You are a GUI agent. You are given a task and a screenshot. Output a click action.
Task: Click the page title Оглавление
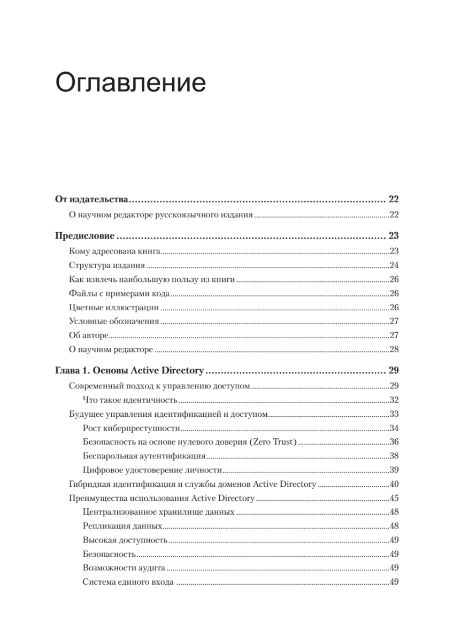(130, 85)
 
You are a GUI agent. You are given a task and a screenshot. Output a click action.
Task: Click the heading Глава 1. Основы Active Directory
(130, 370)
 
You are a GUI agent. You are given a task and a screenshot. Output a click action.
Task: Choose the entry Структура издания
(107, 265)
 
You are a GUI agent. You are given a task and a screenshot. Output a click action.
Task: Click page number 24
(395, 265)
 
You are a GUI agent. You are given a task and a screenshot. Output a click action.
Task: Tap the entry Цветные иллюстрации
(114, 307)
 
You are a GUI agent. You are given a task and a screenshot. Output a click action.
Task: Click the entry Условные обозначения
(114, 322)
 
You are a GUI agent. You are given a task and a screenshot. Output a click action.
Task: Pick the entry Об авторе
(89, 335)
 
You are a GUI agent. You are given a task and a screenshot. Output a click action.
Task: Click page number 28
(395, 349)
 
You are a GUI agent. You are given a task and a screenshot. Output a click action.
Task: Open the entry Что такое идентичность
(130, 400)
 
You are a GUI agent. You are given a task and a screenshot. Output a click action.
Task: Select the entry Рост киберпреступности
(132, 428)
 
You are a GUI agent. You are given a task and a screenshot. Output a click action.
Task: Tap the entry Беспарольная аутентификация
(144, 456)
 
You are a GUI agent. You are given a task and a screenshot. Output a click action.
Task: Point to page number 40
(395, 485)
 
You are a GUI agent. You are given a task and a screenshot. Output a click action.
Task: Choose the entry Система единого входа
(128, 583)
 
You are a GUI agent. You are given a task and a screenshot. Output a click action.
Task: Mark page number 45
(395, 499)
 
